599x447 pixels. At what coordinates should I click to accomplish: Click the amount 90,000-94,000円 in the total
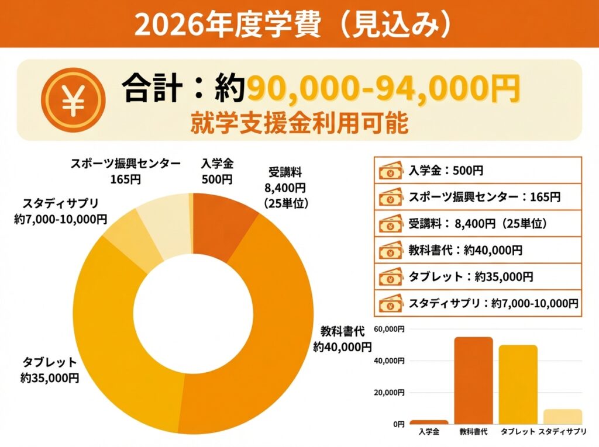pyautogui.click(x=383, y=89)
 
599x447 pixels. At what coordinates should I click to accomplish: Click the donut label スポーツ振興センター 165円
pyautogui.click(x=126, y=171)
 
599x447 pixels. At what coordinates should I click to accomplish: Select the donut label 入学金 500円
pyautogui.click(x=217, y=171)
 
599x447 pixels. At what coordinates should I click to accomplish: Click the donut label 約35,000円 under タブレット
pyautogui.click(x=50, y=378)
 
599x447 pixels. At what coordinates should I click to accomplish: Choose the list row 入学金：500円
pyautogui.click(x=477, y=171)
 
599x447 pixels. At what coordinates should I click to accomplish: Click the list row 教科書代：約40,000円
pyautogui.click(x=477, y=250)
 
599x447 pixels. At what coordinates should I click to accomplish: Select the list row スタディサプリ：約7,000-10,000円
pyautogui.click(x=477, y=303)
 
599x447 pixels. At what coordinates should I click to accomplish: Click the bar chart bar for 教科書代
pyautogui.click(x=473, y=380)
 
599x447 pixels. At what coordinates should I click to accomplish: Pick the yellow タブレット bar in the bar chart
pyautogui.click(x=518, y=384)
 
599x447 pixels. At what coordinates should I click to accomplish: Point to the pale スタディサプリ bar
pyautogui.click(x=562, y=416)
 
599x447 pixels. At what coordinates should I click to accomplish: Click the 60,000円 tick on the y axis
pyautogui.click(x=390, y=330)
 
